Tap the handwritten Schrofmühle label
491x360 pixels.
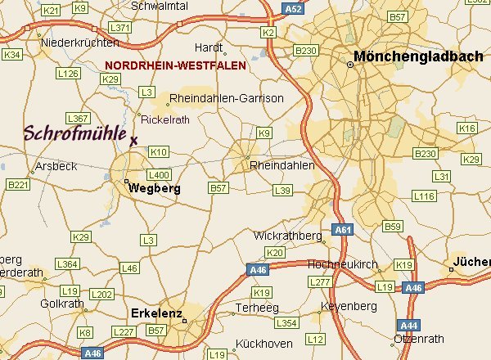tap(74, 133)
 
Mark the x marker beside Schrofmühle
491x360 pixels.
tap(133, 140)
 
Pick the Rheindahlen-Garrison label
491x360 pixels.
tap(226, 99)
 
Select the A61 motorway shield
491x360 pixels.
tap(342, 231)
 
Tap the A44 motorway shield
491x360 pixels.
tap(408, 325)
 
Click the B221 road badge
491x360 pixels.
tap(17, 185)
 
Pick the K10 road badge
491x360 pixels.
tap(159, 152)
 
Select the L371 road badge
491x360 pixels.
tap(119, 28)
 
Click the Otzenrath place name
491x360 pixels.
tap(420, 339)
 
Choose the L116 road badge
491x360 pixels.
tap(425, 196)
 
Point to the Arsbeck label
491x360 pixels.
tap(56, 166)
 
